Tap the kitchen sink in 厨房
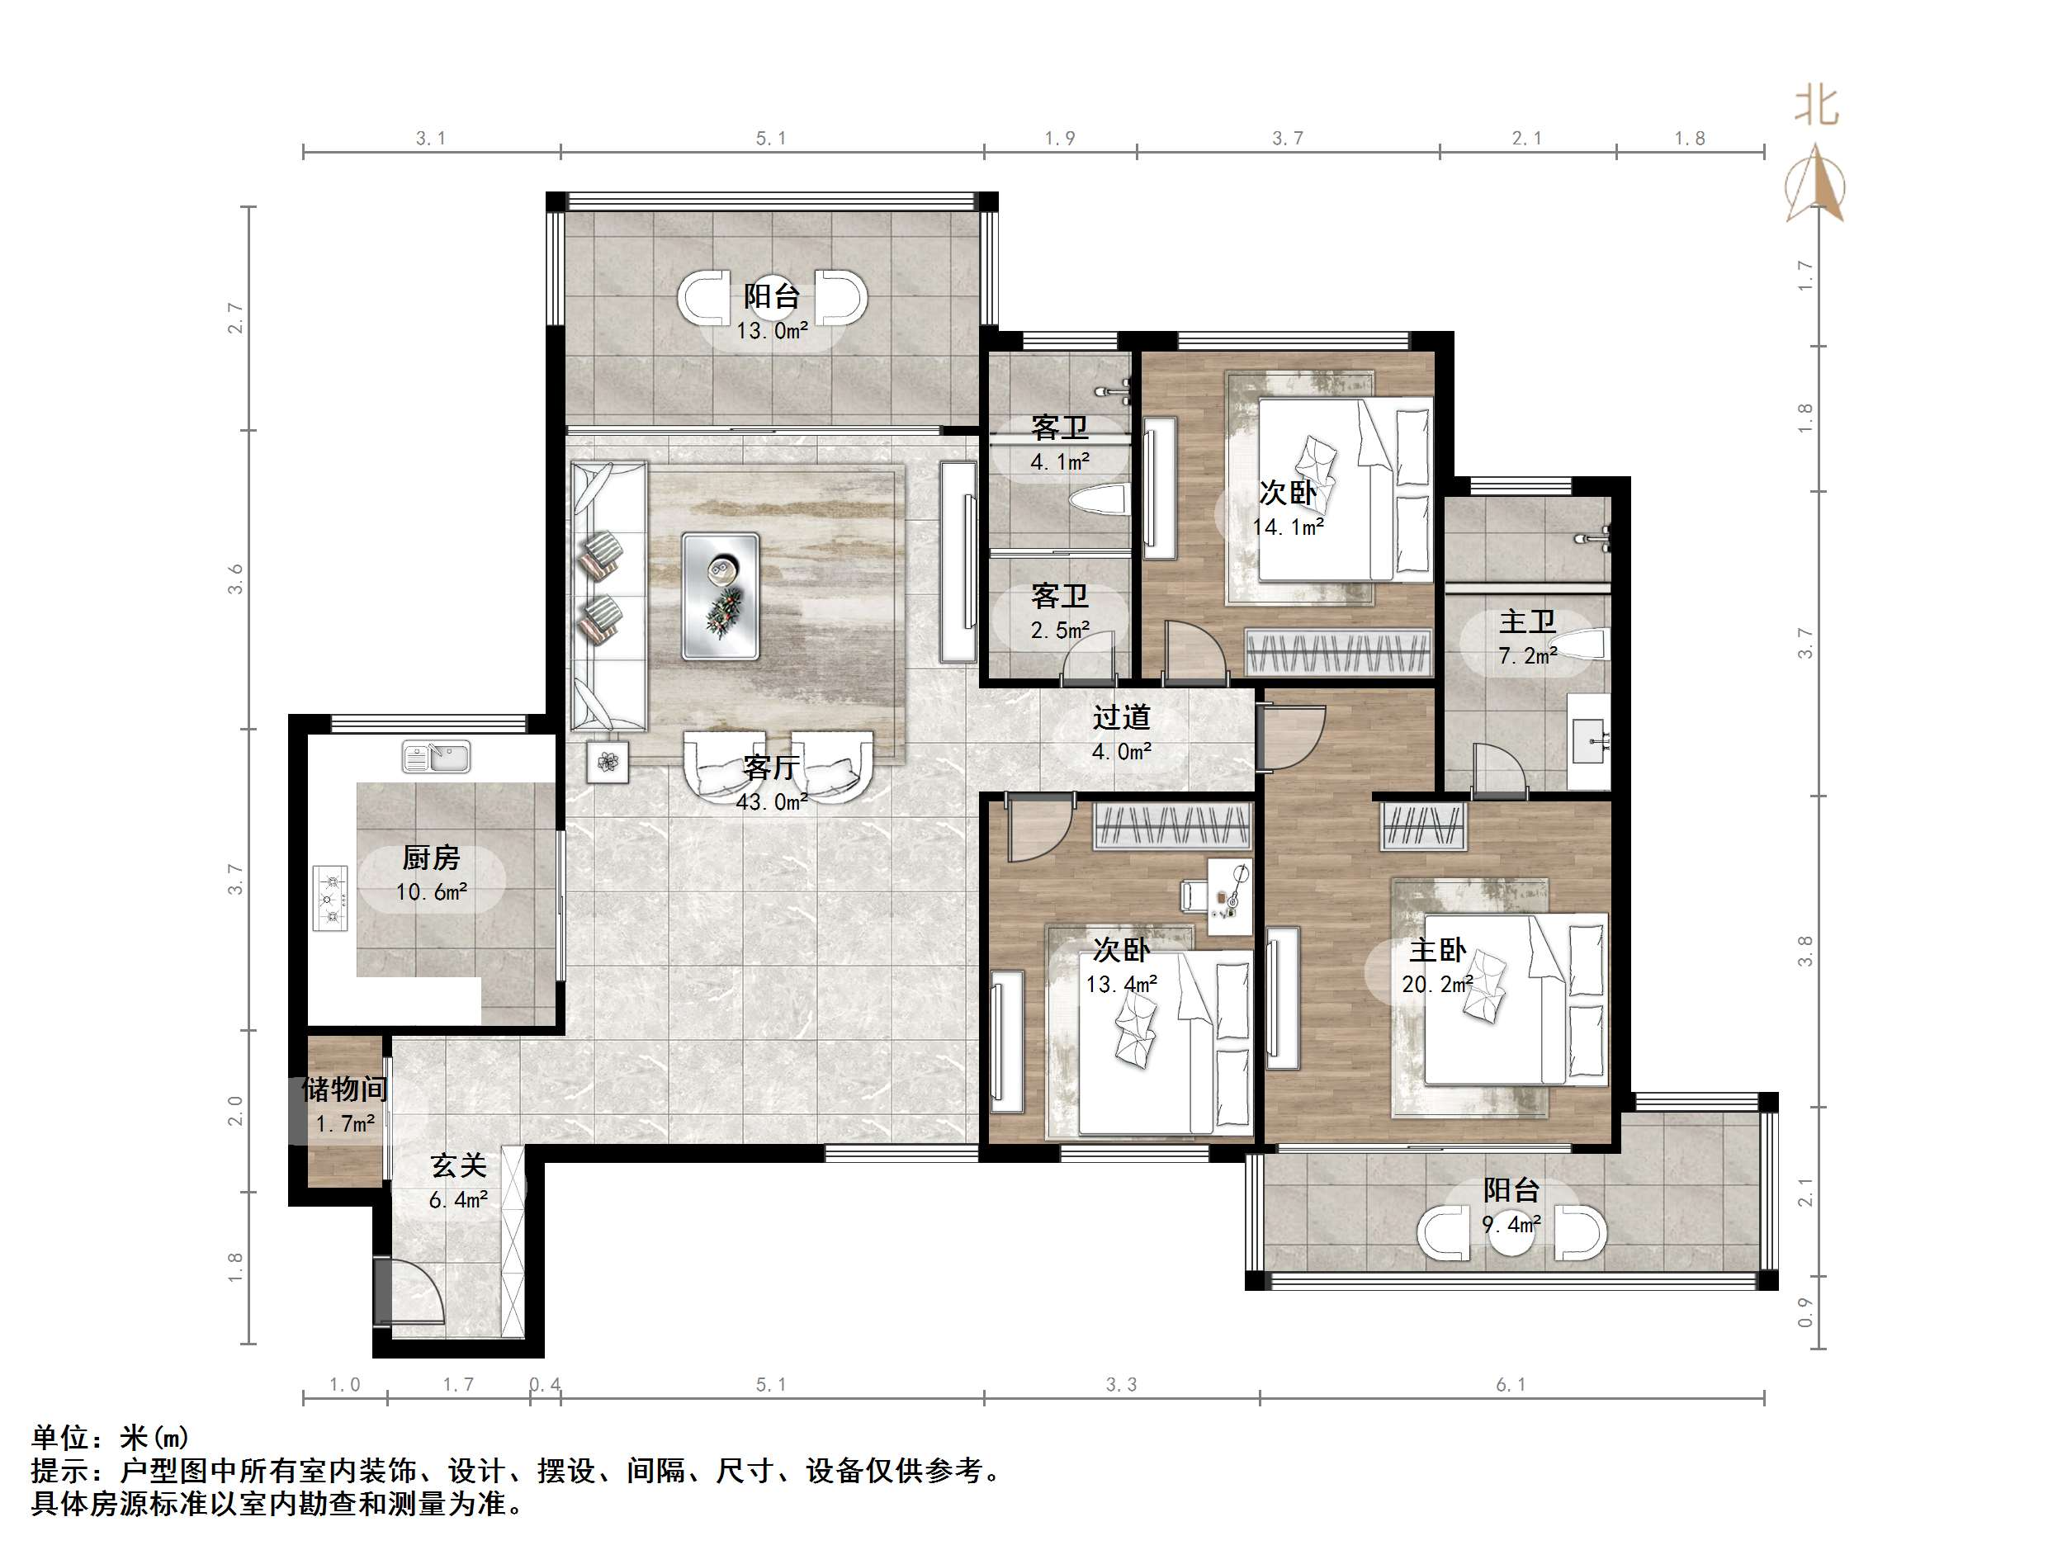pyautogui.click(x=437, y=756)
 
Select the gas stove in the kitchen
pyautogui.click(x=330, y=898)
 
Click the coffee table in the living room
pyautogui.click(x=720, y=596)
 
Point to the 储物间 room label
pyautogui.click(x=345, y=1089)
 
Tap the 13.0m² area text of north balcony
pyautogui.click(x=772, y=331)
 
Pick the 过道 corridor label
pyautogui.click(x=1121, y=717)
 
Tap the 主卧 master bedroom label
pyautogui.click(x=1437, y=951)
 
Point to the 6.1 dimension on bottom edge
pyautogui.click(x=1511, y=1385)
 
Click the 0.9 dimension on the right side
pyautogui.click(x=1805, y=1312)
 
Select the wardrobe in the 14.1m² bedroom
pyautogui.click(x=1338, y=652)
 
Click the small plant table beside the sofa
pyautogui.click(x=608, y=763)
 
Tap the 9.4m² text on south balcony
pyautogui.click(x=1511, y=1224)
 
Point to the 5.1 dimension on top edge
pyautogui.click(x=771, y=139)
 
